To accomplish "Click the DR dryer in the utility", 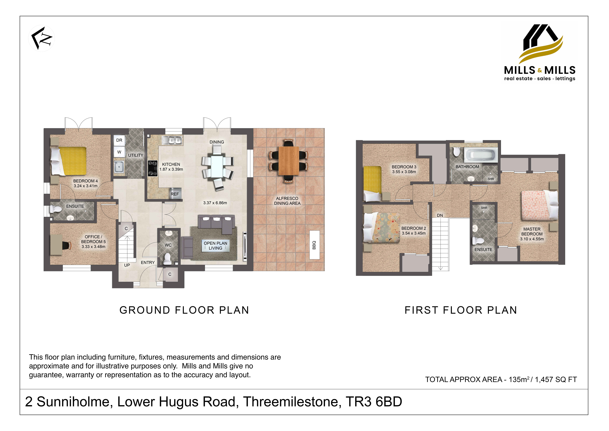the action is click(x=119, y=140).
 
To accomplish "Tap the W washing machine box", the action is click(x=119, y=152).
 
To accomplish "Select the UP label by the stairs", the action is click(x=127, y=265).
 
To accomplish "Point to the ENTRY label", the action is click(x=148, y=262).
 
